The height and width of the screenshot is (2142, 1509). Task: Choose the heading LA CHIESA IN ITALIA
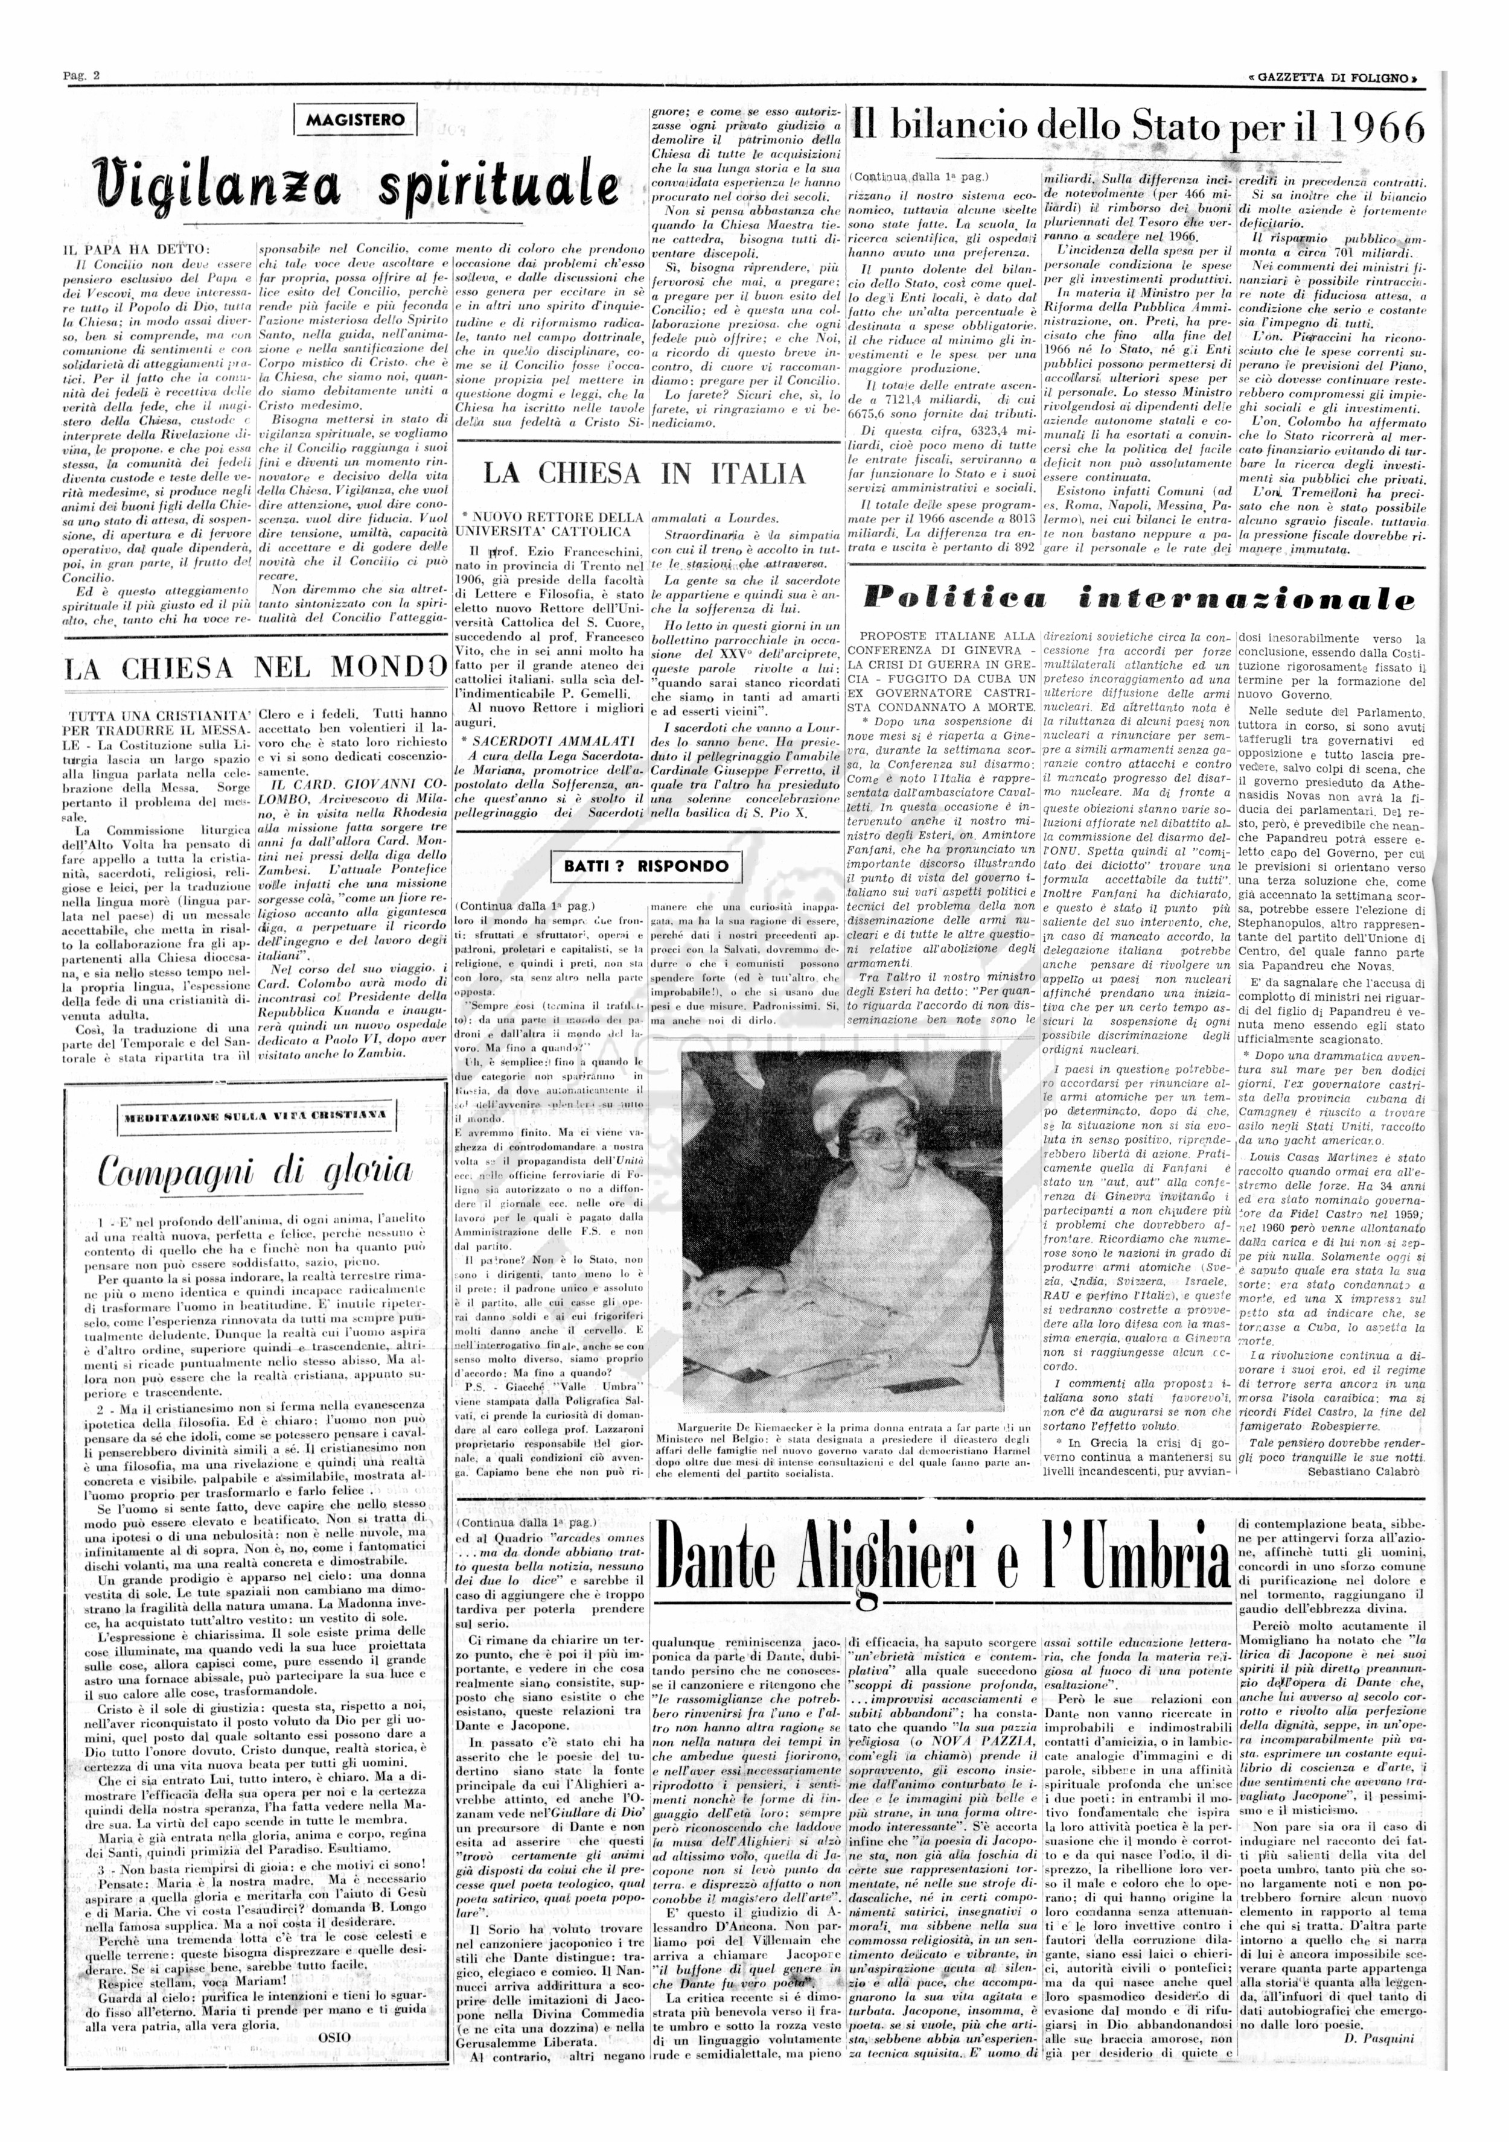point(645,474)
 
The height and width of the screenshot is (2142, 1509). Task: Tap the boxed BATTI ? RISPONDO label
point(646,866)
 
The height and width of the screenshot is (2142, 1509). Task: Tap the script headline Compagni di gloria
point(255,1170)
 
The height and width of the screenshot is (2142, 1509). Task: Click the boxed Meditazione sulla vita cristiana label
point(254,1115)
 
